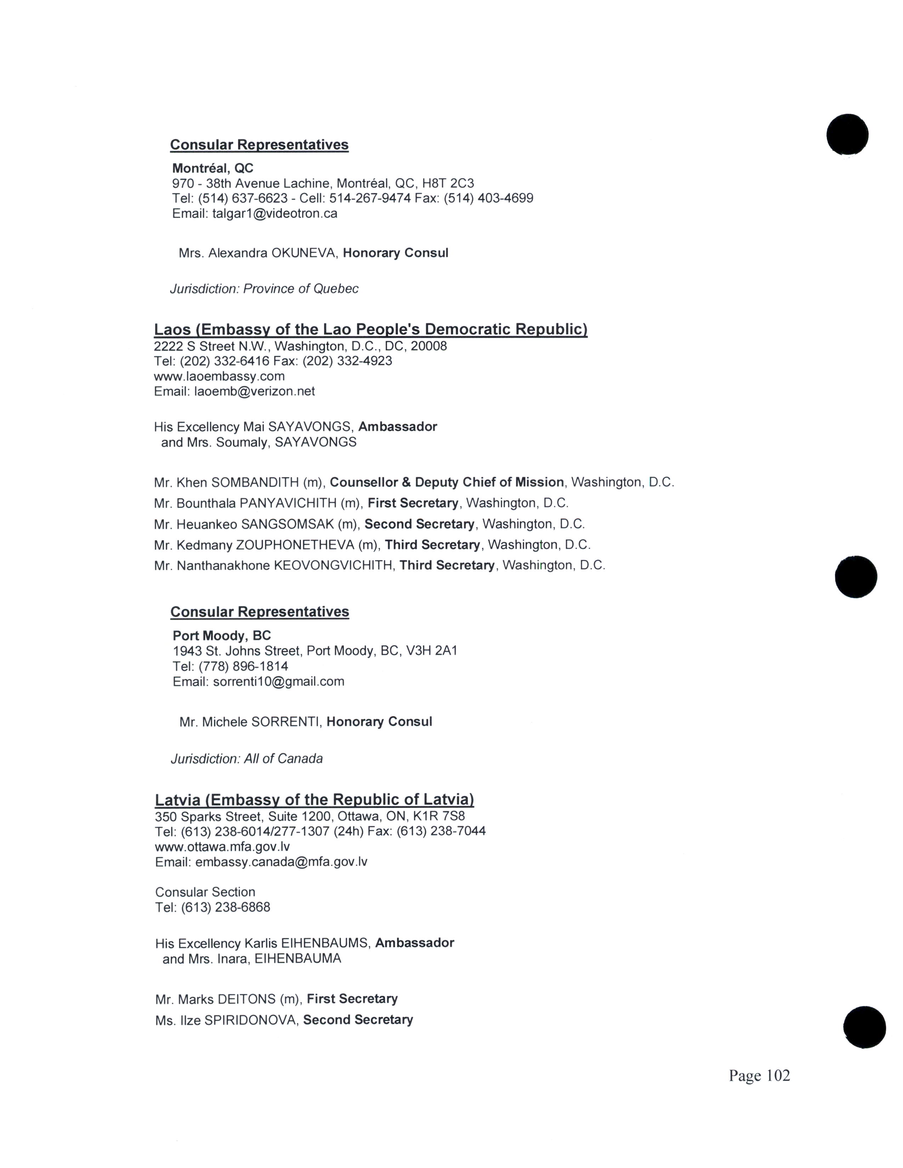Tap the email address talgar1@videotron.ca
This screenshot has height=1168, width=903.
(274, 214)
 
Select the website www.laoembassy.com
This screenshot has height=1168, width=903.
(219, 376)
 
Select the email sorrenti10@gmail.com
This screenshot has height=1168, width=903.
(278, 681)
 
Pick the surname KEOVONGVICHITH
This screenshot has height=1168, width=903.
(333, 565)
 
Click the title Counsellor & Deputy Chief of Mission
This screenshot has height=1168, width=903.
(447, 482)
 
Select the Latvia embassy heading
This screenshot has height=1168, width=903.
(314, 800)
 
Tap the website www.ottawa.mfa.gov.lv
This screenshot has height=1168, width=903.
(222, 847)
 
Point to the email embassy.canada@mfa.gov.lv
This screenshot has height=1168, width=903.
(282, 861)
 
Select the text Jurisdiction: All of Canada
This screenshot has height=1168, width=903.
(246, 758)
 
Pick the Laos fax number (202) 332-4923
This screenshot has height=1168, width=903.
(347, 361)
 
